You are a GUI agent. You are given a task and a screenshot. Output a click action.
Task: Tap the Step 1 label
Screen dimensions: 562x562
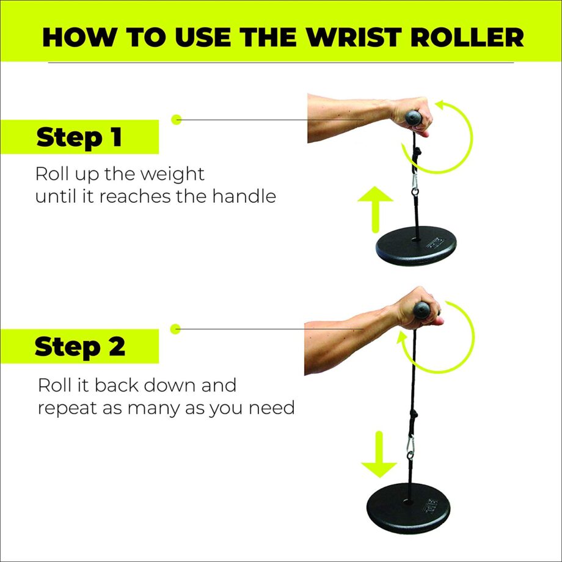79,137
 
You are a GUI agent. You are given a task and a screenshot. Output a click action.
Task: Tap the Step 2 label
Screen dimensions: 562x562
79,347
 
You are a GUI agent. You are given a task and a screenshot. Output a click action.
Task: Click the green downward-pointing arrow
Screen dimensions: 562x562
379,455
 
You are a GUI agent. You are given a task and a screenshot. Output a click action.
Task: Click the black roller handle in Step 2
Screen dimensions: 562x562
422,312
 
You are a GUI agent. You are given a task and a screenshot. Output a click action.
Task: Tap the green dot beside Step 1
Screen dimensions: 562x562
177,120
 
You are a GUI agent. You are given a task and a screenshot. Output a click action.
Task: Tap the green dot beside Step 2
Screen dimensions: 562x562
177,329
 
